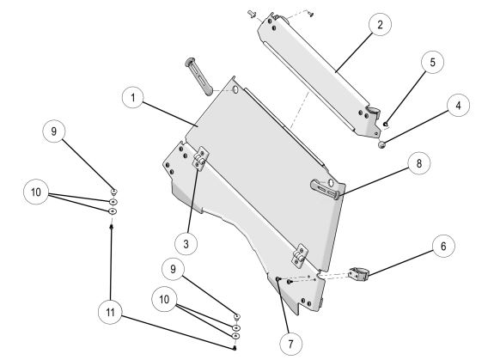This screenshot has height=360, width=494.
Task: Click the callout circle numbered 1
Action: point(133,98)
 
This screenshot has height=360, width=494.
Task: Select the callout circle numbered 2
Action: point(380,25)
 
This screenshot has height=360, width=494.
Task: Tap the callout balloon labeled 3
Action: point(186,243)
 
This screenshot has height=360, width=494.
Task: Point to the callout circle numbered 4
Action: point(458,106)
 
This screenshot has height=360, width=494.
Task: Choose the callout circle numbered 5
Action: point(432,62)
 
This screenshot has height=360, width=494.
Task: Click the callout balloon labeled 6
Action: point(443,246)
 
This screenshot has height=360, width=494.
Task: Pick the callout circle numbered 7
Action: point(290,344)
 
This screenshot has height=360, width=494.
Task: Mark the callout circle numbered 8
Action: point(418,163)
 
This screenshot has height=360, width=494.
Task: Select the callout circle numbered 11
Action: point(110,312)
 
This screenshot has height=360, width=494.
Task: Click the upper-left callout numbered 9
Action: point(54,131)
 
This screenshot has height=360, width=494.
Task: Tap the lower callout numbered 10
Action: point(164,299)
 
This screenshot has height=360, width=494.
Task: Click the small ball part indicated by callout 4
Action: point(381,145)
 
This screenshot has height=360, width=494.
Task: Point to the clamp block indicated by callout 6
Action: point(358,273)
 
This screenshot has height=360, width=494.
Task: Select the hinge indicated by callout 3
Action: point(199,158)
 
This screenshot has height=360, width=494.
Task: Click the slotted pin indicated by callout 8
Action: point(325,189)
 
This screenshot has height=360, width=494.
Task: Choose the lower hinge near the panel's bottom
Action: point(299,255)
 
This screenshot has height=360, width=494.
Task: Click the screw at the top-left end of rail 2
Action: point(252,13)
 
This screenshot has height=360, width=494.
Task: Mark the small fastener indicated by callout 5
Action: point(386,125)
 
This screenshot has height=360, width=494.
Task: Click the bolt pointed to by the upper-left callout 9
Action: point(114,192)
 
